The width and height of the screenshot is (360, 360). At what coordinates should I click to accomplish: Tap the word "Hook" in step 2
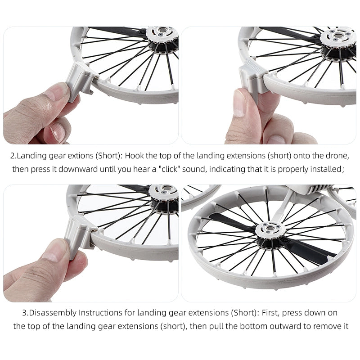tap(135, 156)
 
